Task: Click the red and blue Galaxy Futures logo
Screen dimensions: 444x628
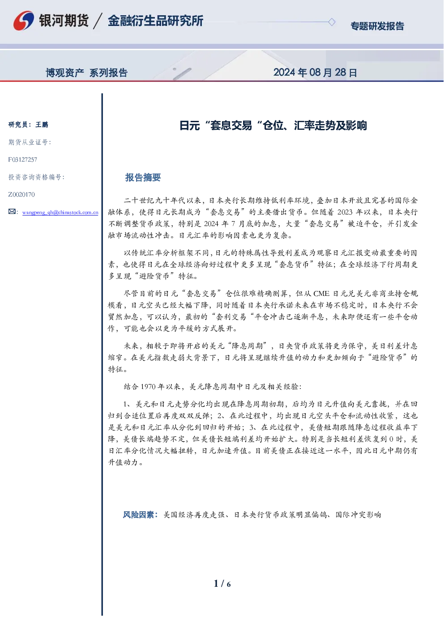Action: (x=24, y=21)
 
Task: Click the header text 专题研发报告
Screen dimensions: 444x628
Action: (x=377, y=26)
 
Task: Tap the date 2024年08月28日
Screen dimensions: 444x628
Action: (x=315, y=73)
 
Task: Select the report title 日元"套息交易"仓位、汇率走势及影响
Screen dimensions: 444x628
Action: (x=273, y=125)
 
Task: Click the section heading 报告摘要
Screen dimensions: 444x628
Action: (x=143, y=177)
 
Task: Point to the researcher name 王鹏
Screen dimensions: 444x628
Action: (x=42, y=124)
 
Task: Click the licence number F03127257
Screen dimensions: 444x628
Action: (x=23, y=159)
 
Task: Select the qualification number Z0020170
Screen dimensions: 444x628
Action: (x=21, y=194)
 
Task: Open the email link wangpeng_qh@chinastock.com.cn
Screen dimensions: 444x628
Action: (x=60, y=212)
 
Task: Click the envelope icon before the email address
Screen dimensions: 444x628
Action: (x=12, y=211)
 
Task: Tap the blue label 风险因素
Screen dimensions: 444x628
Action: (x=138, y=515)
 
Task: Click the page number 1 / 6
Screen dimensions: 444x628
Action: (x=222, y=583)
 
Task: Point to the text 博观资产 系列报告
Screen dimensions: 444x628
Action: (x=87, y=73)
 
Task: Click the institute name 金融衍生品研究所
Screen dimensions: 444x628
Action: (x=156, y=21)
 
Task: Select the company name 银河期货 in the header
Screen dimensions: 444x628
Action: (x=64, y=21)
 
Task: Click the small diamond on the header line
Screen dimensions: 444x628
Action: (x=332, y=22)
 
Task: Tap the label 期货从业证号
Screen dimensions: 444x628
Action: (x=30, y=142)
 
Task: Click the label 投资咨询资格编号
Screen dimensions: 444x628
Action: (x=36, y=177)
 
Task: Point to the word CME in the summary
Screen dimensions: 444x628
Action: (x=321, y=294)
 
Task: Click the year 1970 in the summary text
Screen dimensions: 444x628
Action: (x=148, y=387)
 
